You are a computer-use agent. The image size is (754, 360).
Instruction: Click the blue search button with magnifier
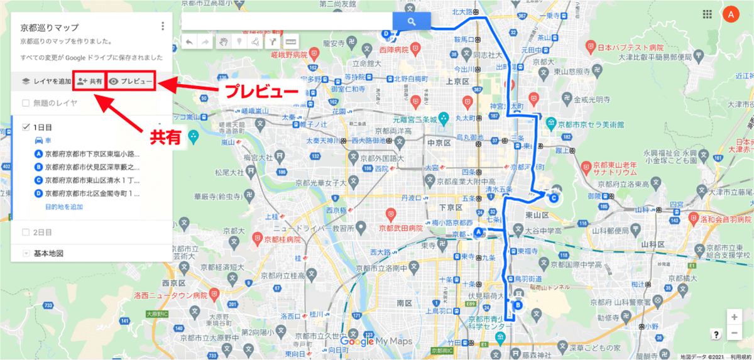pyautogui.click(x=412, y=21)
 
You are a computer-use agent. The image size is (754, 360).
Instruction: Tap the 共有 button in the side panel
pyautogui.click(x=89, y=81)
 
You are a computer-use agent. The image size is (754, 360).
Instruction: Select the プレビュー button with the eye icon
pyautogui.click(x=130, y=81)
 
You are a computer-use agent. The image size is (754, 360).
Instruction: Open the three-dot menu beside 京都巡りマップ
pyautogui.click(x=163, y=26)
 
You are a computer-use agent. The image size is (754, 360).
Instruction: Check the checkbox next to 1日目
pyautogui.click(x=26, y=127)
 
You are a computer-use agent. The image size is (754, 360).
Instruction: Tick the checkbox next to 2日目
pyautogui.click(x=26, y=232)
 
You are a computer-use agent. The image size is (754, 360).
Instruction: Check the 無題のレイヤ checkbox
pyautogui.click(x=26, y=102)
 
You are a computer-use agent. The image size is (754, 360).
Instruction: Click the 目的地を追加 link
pyautogui.click(x=64, y=207)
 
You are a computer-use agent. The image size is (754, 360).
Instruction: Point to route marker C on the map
pyautogui.click(x=554, y=198)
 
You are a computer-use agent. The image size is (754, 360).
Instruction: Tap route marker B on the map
pyautogui.click(x=518, y=306)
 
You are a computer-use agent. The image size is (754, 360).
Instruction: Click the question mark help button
pyautogui.click(x=716, y=334)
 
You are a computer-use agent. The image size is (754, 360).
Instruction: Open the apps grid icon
pyautogui.click(x=707, y=14)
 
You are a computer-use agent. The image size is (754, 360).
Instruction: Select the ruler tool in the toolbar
pyautogui.click(x=290, y=41)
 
